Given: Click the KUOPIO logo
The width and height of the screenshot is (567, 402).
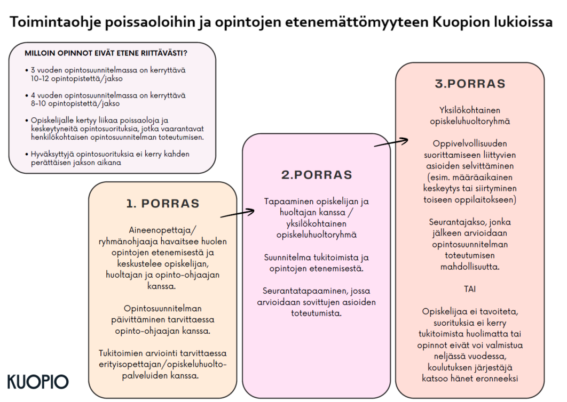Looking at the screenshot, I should click(x=38, y=382).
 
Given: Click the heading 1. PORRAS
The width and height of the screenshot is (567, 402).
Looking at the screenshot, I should click(x=163, y=204).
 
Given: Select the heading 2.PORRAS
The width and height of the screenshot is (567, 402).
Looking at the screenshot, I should click(x=317, y=175).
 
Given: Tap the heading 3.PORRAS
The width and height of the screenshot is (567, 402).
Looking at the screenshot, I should click(x=470, y=84).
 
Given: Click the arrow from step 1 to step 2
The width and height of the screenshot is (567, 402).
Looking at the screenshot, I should click(x=237, y=214).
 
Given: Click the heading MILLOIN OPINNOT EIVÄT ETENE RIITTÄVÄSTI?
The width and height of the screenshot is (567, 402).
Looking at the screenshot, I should click(x=109, y=53).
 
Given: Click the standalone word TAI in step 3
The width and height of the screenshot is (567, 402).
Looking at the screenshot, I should click(x=470, y=288).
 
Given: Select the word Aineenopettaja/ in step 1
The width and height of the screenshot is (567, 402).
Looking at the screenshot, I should click(x=163, y=230).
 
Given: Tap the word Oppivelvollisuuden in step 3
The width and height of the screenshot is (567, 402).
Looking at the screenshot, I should click(x=470, y=143).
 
